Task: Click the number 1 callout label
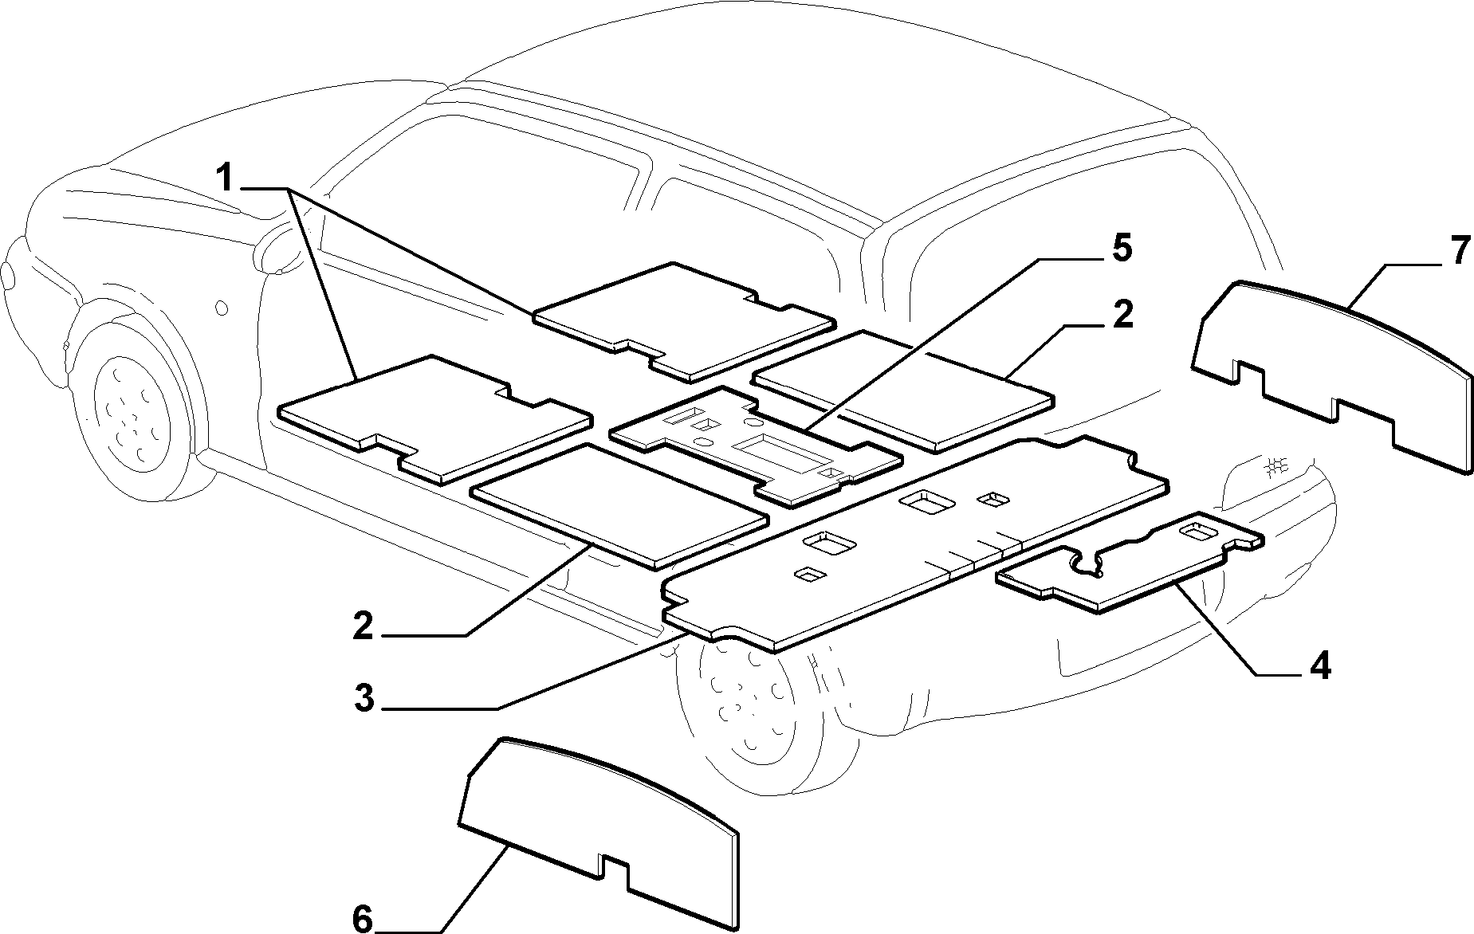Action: [x=227, y=178]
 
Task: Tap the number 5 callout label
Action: [x=1121, y=249]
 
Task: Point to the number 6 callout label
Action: [x=363, y=920]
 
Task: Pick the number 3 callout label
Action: [x=364, y=699]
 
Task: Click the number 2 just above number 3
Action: [x=363, y=627]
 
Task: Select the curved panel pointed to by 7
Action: [x=1332, y=379]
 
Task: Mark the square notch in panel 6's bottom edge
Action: [x=615, y=866]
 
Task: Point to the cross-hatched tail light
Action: [x=1275, y=466]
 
